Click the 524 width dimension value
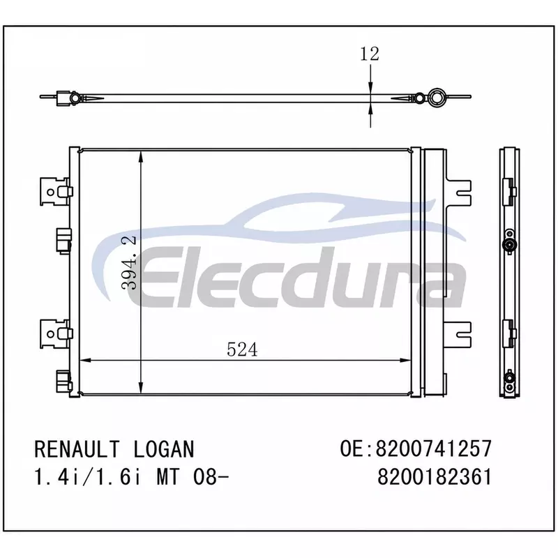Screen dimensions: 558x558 click(242, 349)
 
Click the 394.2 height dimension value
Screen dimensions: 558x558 click(129, 262)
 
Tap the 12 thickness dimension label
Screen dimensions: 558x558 click(370, 54)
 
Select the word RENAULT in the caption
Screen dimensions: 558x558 click(77, 449)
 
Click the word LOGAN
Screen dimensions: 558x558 click(164, 449)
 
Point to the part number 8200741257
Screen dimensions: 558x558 click(434, 448)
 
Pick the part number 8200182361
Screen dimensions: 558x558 click(435, 477)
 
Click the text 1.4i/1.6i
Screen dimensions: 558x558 click(88, 477)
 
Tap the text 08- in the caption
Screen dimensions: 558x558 click(211, 477)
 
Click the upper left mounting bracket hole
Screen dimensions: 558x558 click(50, 193)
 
